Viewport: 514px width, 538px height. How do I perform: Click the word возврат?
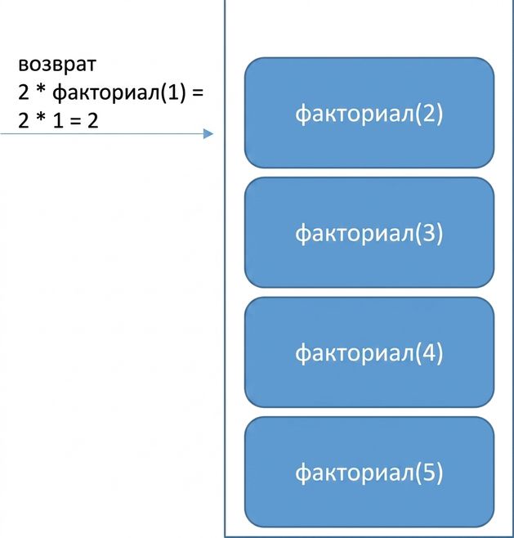coord(57,64)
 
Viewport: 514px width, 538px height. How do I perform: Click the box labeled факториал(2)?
coord(369,113)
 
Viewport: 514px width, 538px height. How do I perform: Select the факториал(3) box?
coord(369,232)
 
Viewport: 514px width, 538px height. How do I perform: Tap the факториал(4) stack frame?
coord(369,352)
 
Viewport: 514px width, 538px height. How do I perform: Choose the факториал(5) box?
coord(369,472)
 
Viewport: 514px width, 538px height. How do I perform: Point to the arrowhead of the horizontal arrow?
coord(208,133)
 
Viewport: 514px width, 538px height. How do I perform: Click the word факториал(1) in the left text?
coord(119,92)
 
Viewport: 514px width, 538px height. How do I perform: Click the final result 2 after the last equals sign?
coord(92,120)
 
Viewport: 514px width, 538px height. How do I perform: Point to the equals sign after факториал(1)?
coord(198,92)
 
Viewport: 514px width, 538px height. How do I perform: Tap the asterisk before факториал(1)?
coord(41,90)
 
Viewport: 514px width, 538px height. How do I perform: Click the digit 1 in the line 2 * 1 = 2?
coord(58,120)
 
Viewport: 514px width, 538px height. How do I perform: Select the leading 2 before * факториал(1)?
coord(24,92)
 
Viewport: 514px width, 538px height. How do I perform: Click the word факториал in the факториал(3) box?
coord(355,233)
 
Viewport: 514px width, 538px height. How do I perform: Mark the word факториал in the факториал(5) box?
coord(355,473)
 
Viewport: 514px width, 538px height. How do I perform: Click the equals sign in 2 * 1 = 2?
coord(75,121)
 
